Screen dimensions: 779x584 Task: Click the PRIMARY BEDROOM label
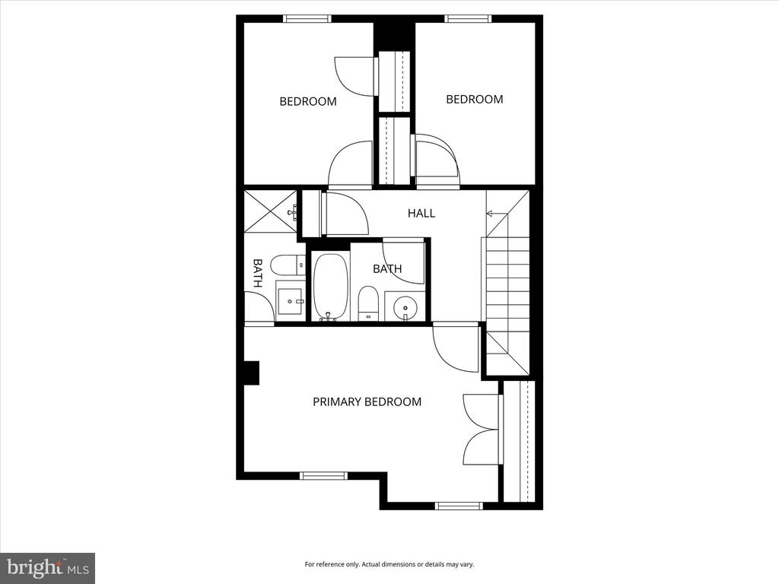click(367, 401)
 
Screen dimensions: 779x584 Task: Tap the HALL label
click(421, 214)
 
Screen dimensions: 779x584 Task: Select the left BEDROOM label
click(308, 102)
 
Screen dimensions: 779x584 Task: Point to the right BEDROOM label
click(475, 100)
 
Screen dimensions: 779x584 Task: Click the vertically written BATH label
click(257, 273)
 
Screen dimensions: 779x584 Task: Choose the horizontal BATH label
click(387, 268)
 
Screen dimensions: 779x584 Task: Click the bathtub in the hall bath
click(330, 287)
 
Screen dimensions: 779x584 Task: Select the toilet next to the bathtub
click(368, 303)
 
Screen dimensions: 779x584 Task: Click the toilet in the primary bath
click(288, 265)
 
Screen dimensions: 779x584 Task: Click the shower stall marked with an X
click(271, 211)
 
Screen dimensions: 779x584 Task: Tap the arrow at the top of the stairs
click(497, 214)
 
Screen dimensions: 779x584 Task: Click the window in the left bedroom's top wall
click(307, 19)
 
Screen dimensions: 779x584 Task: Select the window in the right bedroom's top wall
click(468, 19)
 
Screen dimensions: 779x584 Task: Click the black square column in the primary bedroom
click(252, 373)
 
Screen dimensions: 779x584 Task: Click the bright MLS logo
click(48, 568)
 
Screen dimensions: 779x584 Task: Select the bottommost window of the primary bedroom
click(459, 506)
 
